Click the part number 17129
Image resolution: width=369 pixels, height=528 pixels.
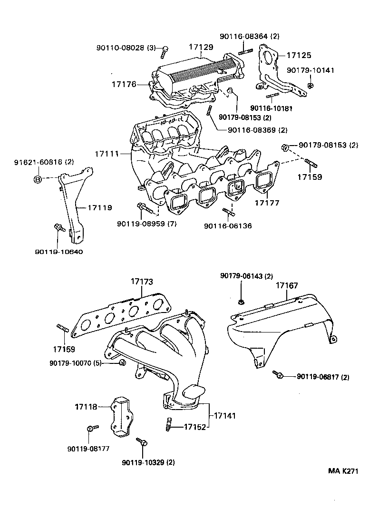(201, 48)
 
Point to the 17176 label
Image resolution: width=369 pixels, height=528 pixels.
(124, 85)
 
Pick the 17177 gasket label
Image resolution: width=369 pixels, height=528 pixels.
(266, 203)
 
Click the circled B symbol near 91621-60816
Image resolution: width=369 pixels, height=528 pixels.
(39, 179)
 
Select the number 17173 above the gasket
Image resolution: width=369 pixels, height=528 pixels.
(142, 282)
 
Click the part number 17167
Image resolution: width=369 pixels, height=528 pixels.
(287, 285)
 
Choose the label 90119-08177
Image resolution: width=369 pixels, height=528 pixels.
(87, 448)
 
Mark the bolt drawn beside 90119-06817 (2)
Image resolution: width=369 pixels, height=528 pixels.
(278, 375)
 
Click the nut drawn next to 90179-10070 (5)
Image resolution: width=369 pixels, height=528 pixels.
(122, 363)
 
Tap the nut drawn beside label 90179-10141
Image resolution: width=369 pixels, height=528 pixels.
(310, 85)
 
